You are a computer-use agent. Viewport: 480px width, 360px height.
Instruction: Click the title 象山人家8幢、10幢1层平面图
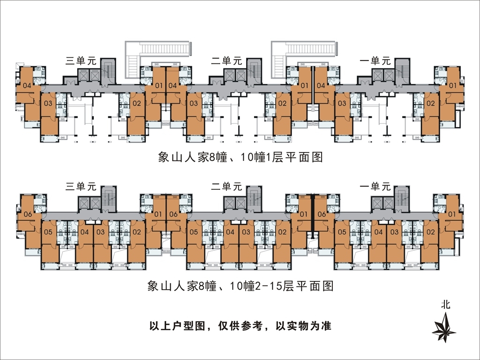(240, 157)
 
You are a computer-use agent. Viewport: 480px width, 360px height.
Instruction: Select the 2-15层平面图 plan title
(240, 285)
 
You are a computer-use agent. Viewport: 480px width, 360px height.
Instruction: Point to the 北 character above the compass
(446, 304)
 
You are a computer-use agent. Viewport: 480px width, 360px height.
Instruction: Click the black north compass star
(443, 328)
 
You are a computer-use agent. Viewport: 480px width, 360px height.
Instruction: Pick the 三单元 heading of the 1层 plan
(81, 60)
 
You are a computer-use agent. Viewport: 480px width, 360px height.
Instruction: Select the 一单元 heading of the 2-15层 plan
(375, 186)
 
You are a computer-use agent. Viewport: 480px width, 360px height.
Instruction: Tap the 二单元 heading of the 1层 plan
(226, 60)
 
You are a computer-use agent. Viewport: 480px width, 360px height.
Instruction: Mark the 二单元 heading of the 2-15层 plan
(226, 186)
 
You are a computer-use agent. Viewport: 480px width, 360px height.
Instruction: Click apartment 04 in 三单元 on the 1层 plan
(27, 86)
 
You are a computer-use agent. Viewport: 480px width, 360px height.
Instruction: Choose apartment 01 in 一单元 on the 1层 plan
(453, 86)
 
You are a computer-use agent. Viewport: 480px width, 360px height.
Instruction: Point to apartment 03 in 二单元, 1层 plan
(194, 103)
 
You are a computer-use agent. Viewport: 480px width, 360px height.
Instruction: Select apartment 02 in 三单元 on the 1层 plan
(137, 103)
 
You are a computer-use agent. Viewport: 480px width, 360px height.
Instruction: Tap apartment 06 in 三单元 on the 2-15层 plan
(27, 214)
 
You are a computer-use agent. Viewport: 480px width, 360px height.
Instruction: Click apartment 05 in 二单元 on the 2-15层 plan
(193, 232)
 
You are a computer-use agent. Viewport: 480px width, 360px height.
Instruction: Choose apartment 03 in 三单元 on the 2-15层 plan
(100, 232)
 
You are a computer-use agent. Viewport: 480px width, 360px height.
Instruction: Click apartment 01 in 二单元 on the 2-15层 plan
(304, 214)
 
